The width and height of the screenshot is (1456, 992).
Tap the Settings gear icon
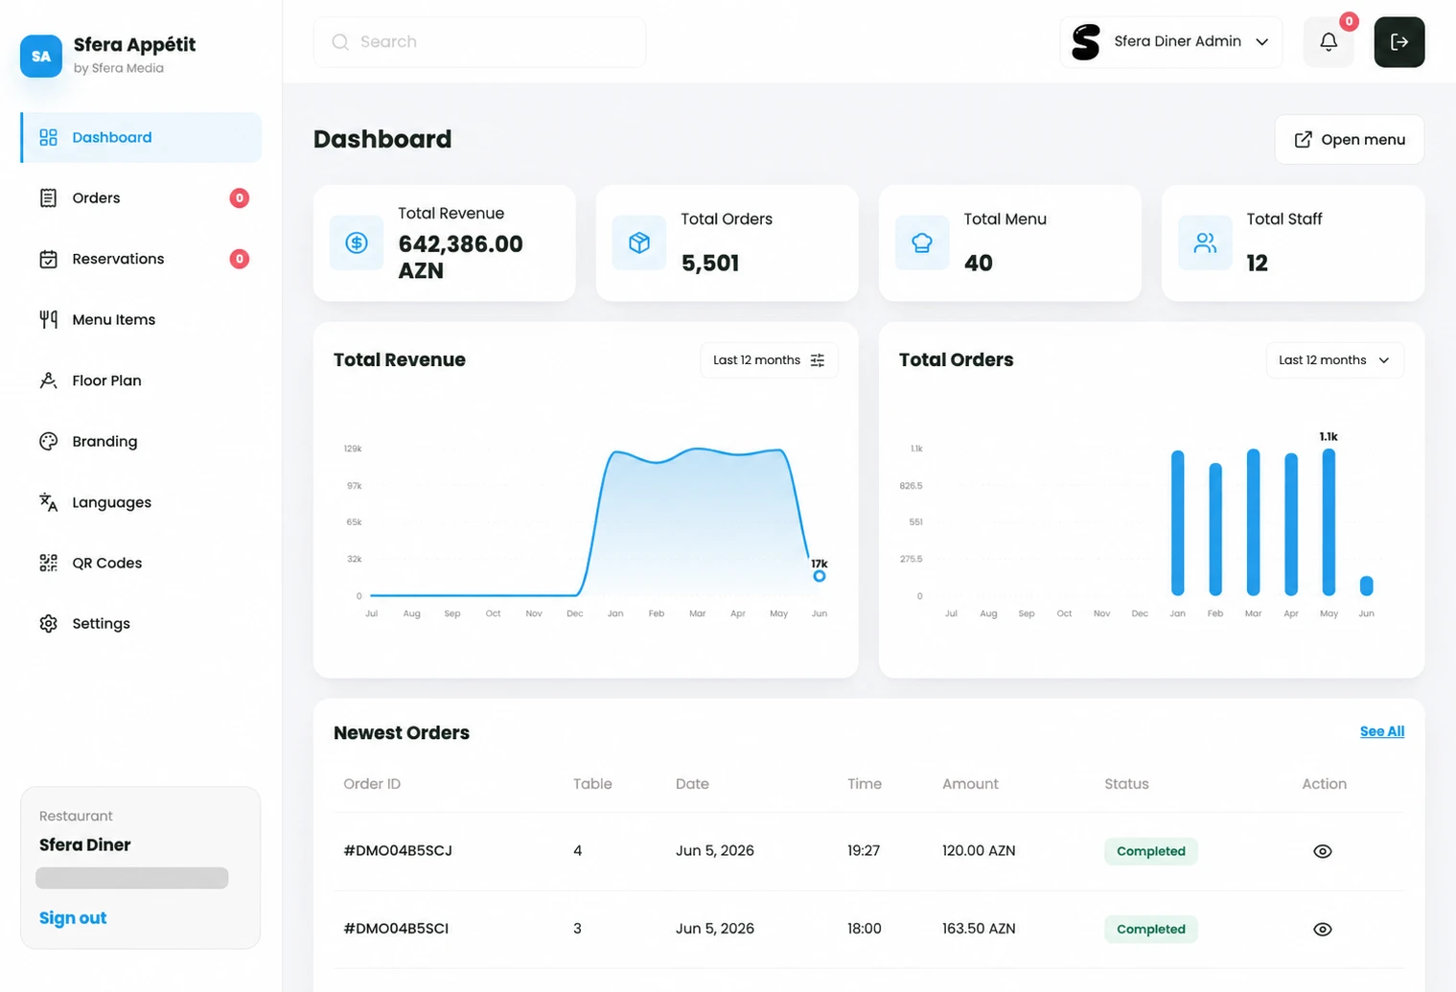coord(48,623)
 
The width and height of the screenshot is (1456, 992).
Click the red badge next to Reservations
coord(240,259)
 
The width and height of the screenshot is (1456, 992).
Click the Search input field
coord(479,42)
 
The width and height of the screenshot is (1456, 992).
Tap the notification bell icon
coord(1329,42)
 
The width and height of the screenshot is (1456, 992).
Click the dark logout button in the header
coord(1399,42)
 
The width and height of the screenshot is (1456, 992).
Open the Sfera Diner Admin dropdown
coord(1171,42)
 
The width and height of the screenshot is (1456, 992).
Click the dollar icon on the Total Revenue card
coord(357,243)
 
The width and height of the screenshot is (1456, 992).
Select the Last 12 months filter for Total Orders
coord(1335,360)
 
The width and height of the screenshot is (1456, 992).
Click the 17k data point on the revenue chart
coord(820,576)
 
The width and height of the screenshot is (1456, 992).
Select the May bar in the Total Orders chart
coord(1329,522)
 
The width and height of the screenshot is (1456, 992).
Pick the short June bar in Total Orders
coord(1367,586)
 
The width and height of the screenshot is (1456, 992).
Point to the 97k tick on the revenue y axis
coord(355,486)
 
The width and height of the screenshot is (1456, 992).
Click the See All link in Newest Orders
coord(1382,731)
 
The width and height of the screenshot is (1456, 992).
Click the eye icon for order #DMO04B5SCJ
coord(1323,851)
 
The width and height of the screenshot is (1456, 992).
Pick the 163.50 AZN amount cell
coord(979,929)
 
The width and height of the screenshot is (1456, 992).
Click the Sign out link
coord(73,918)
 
